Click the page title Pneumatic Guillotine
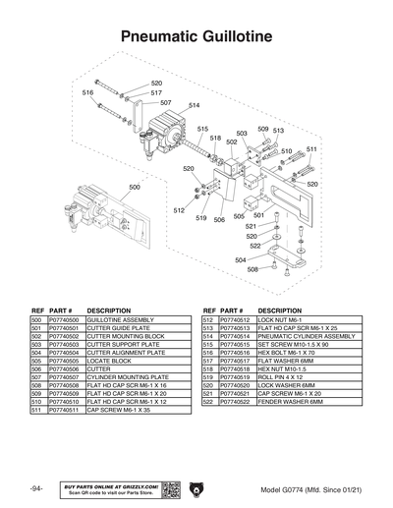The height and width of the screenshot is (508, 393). [x=196, y=36]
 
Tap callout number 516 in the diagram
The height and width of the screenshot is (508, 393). [x=87, y=92]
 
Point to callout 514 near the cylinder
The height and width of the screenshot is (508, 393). [x=194, y=105]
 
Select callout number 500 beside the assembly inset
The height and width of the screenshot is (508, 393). [x=135, y=186]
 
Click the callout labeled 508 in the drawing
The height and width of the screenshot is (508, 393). [x=253, y=268]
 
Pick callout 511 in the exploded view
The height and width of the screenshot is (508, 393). [x=310, y=149]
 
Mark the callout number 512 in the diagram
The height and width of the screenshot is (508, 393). [x=179, y=210]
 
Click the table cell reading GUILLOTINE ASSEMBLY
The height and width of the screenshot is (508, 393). [x=120, y=320]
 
